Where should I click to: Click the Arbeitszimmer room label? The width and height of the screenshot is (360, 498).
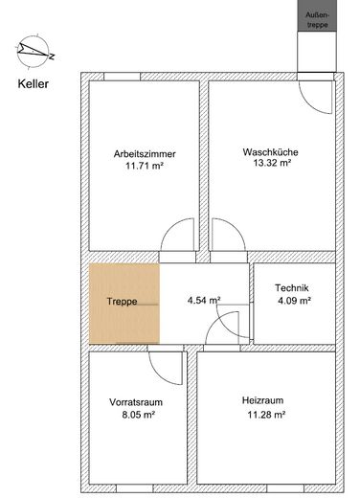pyautogui.click(x=144, y=152)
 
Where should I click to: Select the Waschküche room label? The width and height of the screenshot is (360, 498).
pyautogui.click(x=267, y=152)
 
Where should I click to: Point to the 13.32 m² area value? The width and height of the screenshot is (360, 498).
pyautogui.click(x=267, y=165)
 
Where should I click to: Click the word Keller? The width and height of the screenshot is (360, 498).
pyautogui.click(x=34, y=82)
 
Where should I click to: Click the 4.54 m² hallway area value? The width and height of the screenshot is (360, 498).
pyautogui.click(x=203, y=301)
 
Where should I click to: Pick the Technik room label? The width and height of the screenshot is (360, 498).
pyautogui.click(x=292, y=288)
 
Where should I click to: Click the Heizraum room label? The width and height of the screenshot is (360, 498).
pyautogui.click(x=264, y=402)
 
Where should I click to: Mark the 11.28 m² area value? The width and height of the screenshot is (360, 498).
pyautogui.click(x=264, y=415)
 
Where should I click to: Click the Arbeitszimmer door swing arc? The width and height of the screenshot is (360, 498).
pyautogui.click(x=176, y=238)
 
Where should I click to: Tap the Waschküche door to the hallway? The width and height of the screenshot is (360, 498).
pyautogui.click(x=227, y=238)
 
